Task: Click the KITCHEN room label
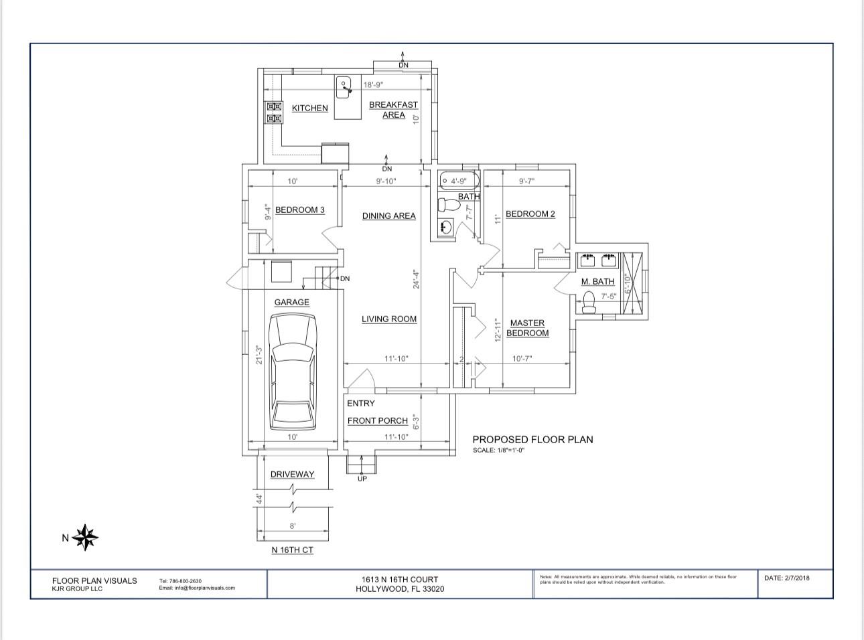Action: tap(310, 108)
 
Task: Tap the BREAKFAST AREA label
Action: tap(393, 110)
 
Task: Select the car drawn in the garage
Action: tap(293, 372)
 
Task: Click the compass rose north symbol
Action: tap(86, 537)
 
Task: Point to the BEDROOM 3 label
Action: tap(299, 210)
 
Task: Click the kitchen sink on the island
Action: tap(344, 86)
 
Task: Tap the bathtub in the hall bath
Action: tap(459, 181)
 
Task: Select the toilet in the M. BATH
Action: tap(588, 303)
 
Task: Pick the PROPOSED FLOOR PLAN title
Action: tap(532, 440)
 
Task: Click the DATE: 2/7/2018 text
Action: tap(786, 578)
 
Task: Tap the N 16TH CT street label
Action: tap(292, 550)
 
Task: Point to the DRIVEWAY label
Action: tap(292, 475)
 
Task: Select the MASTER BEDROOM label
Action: tap(527, 328)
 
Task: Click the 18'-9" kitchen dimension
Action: tap(373, 85)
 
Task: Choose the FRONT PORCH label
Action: tap(377, 421)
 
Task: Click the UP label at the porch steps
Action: tap(362, 479)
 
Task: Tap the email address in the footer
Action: tap(197, 588)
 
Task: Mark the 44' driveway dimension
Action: tap(258, 499)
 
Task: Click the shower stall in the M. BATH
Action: tap(632, 284)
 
